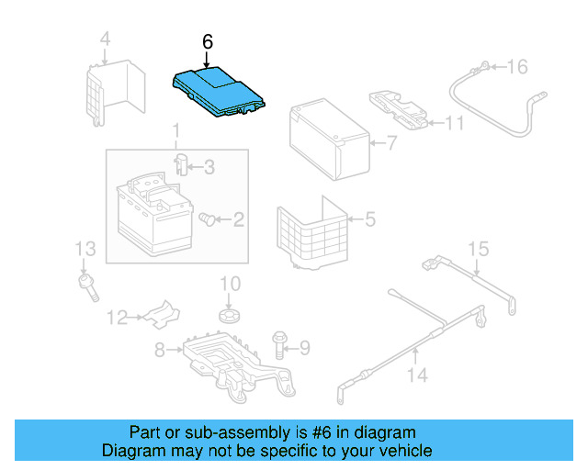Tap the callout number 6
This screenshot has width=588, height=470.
coord(207,41)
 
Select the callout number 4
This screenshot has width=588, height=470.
coord(104,39)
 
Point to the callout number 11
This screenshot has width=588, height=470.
coord(455,122)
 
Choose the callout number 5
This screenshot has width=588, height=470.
coord(369,219)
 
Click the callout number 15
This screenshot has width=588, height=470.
coord(478,249)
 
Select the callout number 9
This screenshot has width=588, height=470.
coord(305,346)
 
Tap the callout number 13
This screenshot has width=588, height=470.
coord(85,249)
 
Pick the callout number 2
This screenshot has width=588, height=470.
coord(238,219)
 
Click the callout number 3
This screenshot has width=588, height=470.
coord(209,167)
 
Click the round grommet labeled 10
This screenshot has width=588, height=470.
coord(230,316)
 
